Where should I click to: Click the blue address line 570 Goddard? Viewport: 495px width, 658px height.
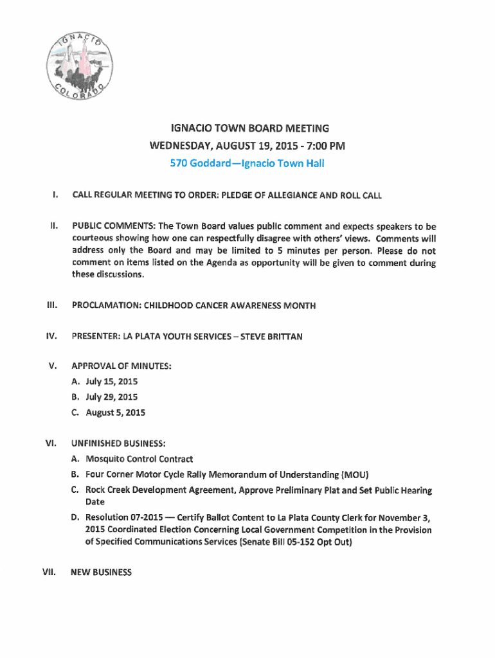(247, 163)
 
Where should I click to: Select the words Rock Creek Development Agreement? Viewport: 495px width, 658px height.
(161, 490)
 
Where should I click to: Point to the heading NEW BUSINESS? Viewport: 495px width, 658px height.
(102, 572)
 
